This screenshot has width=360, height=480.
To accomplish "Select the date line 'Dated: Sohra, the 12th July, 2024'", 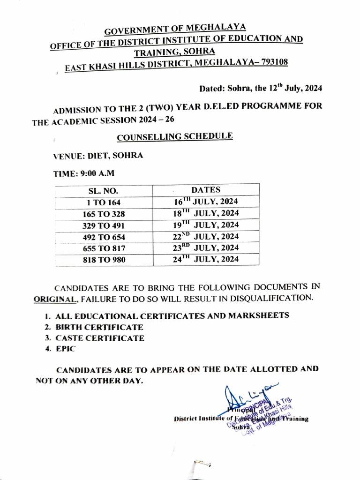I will click(x=261, y=88).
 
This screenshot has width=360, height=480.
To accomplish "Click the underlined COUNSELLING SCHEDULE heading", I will click(x=175, y=137).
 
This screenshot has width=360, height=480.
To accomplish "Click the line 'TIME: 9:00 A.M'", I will click(x=83, y=173).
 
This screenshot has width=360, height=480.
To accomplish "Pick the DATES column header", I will click(x=206, y=190).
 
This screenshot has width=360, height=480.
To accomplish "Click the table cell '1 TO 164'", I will click(x=104, y=203).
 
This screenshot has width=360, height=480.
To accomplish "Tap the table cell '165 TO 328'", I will click(x=104, y=214).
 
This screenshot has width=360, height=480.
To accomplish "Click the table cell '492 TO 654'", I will click(x=104, y=237).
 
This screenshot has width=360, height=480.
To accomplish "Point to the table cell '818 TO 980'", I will click(x=104, y=260).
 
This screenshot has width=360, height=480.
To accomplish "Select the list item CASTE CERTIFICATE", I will click(x=100, y=338).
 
